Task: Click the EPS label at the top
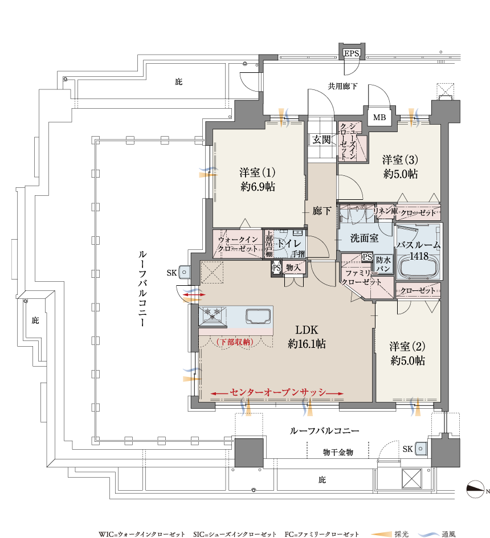[352, 53]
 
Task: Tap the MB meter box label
[379, 117]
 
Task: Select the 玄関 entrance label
[321, 139]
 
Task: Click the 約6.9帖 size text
[258, 187]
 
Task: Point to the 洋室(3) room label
[400, 160]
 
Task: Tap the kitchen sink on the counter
[258, 316]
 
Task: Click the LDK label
[307, 330]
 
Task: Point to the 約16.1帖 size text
[307, 344]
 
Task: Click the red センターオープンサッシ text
[277, 392]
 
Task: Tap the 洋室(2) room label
[407, 347]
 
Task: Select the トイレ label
[289, 243]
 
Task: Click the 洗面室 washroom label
[364, 238]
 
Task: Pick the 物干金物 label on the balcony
[338, 452]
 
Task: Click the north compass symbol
[475, 489]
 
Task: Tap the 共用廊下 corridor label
[342, 86]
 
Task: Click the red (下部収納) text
[235, 342]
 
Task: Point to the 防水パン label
[383, 264]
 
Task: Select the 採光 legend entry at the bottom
[401, 534]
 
